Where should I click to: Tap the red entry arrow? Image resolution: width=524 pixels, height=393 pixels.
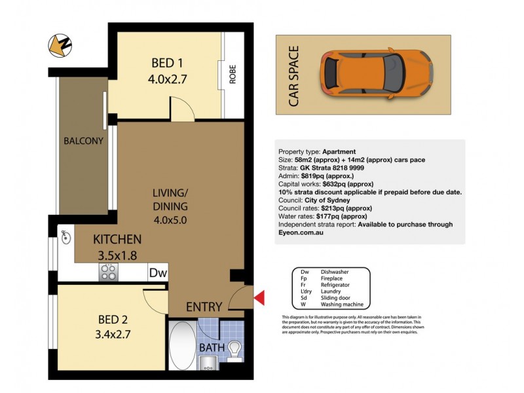(x=259, y=299)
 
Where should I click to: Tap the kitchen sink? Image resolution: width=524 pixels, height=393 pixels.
(x=66, y=238)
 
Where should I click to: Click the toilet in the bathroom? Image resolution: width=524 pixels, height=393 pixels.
(x=234, y=352)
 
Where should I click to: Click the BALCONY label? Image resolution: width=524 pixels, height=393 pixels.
(x=83, y=141)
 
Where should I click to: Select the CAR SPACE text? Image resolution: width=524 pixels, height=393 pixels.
(x=293, y=75)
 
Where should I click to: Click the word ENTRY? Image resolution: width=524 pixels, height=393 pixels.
(x=204, y=307)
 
